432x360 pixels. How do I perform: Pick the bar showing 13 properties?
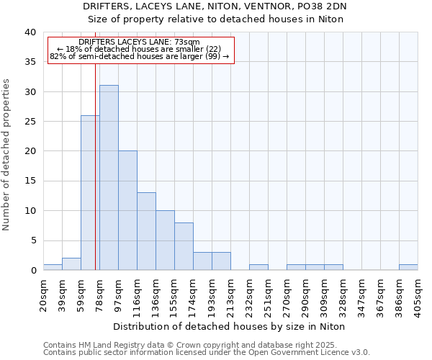[x=146, y=231]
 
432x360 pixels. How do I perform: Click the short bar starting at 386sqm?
[x=408, y=267]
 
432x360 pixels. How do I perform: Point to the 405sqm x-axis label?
[x=418, y=296]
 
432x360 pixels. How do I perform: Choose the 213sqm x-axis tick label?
[x=230, y=296]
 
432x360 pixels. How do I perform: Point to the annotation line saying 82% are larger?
[x=140, y=56]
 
